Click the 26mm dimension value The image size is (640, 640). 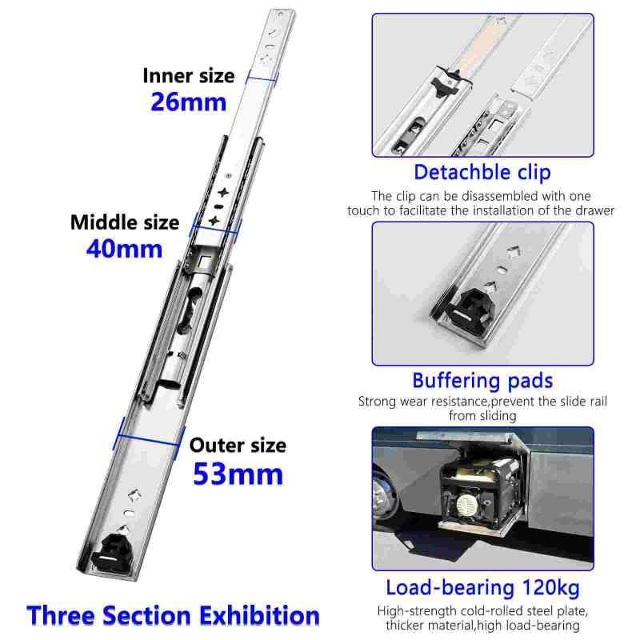[189, 102]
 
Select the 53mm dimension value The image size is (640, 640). [238, 474]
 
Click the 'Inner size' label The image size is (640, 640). [189, 76]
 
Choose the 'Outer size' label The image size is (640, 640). [238, 445]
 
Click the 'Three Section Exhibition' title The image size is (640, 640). [174, 615]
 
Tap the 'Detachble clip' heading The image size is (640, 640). [482, 172]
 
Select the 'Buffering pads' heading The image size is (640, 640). [482, 380]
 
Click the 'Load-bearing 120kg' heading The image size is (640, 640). [482, 588]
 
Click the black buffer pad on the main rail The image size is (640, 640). [115, 551]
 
